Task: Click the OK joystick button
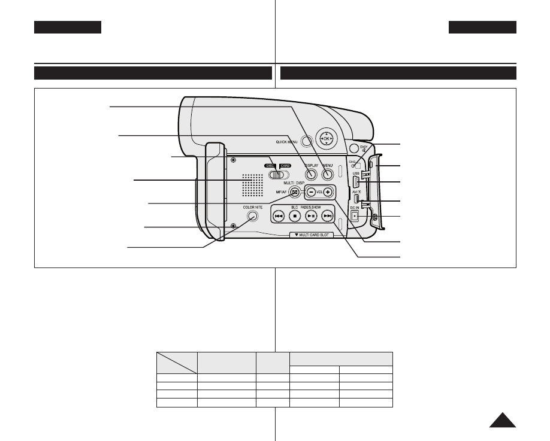point(326,139)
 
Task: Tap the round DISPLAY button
point(311,175)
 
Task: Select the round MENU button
point(327,175)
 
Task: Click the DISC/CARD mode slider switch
point(278,175)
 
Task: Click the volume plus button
point(328,192)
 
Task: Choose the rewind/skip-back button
point(279,216)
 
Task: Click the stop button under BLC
point(295,216)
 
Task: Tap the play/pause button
point(311,216)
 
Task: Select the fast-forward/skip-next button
point(327,216)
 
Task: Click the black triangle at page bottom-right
point(502,420)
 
